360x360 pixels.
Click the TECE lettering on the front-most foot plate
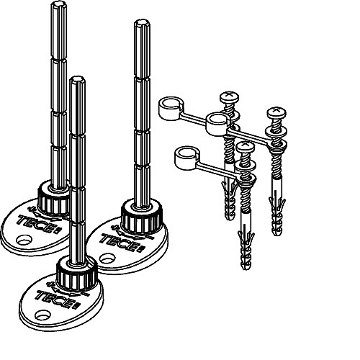[55, 299]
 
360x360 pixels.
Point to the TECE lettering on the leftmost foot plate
[37, 223]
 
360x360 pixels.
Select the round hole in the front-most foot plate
[42, 315]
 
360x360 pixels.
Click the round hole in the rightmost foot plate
[107, 258]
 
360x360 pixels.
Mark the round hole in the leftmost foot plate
[24, 240]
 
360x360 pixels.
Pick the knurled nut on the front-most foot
[77, 274]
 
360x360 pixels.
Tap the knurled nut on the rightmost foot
[142, 217]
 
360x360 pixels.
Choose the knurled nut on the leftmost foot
[54, 198]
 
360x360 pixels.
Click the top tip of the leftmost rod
[59, 2]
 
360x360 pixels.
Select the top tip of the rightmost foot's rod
[142, 21]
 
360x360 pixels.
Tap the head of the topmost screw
[230, 96]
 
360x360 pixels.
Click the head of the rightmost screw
[276, 112]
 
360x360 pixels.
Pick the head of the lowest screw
[245, 147]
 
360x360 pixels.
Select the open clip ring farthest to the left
[171, 107]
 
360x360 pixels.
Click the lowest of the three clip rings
[186, 157]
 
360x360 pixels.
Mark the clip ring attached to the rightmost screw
[218, 123]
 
